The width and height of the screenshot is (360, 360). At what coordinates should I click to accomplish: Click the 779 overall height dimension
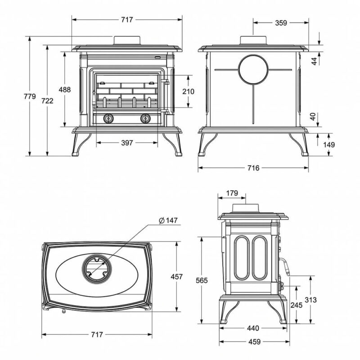30,96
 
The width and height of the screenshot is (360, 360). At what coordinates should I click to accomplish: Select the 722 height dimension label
48,100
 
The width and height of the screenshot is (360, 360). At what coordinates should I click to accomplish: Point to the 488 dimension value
65,89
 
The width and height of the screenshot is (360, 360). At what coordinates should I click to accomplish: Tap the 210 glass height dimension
188,91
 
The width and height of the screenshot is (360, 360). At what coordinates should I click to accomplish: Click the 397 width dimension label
127,143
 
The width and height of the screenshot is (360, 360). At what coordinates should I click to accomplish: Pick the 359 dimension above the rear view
281,23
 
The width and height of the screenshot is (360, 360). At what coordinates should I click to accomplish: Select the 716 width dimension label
253,168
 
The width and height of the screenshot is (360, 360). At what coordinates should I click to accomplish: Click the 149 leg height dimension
329,144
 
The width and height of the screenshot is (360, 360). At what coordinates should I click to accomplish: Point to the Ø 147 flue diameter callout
168,220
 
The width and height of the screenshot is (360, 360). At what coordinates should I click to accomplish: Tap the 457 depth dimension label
176,277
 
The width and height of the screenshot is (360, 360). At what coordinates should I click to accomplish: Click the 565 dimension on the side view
202,280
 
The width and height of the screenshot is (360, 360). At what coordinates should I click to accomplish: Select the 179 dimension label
232,193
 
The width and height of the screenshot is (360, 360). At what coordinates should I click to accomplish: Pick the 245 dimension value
297,305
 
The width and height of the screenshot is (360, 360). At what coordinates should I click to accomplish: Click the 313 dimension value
310,300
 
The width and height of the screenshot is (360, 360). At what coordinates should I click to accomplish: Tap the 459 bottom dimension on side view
254,342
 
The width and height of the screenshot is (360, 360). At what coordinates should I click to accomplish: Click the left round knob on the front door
108,118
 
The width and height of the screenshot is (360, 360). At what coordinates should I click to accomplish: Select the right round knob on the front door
145,118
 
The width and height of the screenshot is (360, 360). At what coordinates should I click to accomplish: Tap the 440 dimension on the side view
253,328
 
